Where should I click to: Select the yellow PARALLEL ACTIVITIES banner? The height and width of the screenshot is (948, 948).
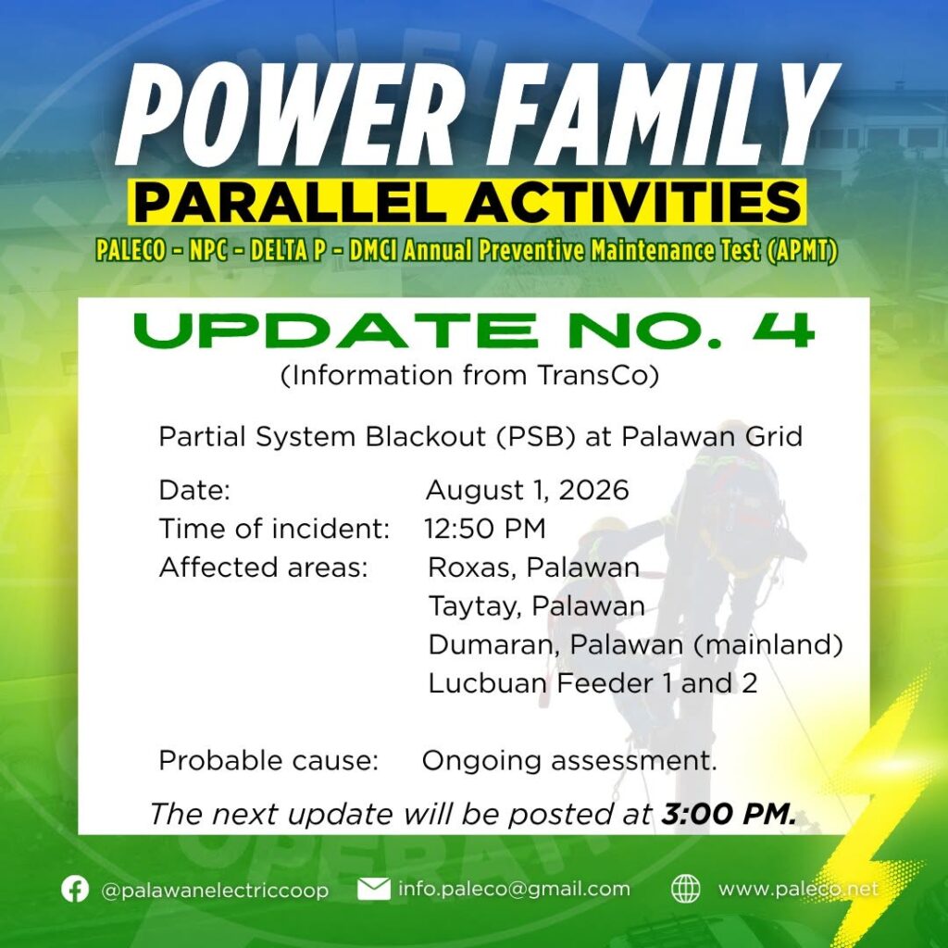(x=467, y=202)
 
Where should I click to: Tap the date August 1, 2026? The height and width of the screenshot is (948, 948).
(x=527, y=490)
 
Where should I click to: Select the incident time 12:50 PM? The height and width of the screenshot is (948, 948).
(x=485, y=529)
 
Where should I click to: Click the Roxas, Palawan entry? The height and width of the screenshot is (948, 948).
(x=533, y=568)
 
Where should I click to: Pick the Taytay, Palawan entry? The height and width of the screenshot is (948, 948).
(x=536, y=606)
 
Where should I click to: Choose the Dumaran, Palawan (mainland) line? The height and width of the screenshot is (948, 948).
(x=635, y=644)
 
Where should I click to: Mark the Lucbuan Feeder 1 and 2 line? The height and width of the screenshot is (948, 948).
(x=592, y=683)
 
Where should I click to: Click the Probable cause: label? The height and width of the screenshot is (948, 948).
(x=268, y=760)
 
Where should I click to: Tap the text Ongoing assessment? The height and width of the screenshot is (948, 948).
(x=569, y=761)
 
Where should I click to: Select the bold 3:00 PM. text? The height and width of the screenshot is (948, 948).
(x=729, y=814)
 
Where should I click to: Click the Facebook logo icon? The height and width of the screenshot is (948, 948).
(x=75, y=889)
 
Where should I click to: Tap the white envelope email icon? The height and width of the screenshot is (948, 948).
(x=374, y=889)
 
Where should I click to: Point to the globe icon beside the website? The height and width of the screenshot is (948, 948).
(x=686, y=889)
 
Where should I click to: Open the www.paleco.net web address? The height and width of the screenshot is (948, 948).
(x=798, y=889)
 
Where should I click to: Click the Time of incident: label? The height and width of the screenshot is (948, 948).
(x=274, y=529)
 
